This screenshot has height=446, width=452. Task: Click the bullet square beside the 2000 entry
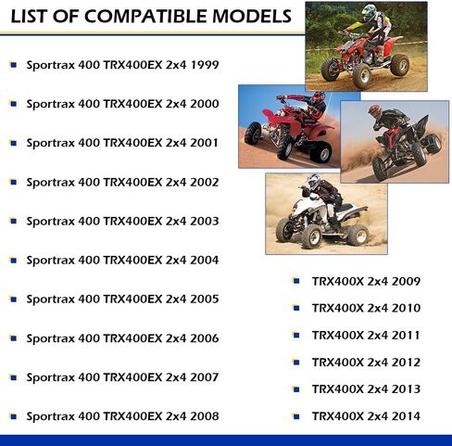[13, 104]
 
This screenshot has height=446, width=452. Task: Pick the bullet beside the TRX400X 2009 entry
[296, 281]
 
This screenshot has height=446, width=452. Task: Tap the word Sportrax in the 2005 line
[51, 299]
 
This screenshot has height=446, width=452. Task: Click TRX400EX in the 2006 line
[132, 338]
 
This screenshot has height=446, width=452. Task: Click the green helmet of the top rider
[369, 11]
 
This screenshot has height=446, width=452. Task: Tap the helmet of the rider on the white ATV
[313, 181]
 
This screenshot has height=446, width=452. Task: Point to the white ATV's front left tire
[310, 236]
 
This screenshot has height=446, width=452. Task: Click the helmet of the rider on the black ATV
[374, 111]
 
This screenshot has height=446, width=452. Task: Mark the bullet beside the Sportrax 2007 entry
[13, 377]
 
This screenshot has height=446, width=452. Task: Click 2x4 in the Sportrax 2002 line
[176, 183]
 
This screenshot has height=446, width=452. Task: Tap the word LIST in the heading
[30, 17]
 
